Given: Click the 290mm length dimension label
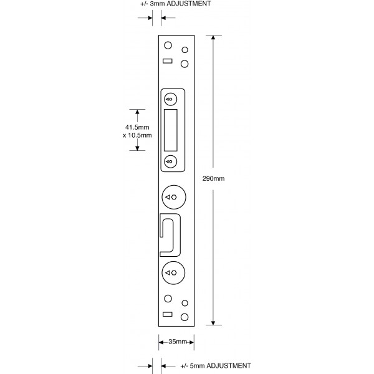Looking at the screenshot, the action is click(x=213, y=178).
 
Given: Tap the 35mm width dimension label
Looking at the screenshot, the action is click(x=178, y=342).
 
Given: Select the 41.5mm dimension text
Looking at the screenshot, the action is click(x=137, y=127).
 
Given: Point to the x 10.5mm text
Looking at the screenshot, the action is click(x=137, y=135).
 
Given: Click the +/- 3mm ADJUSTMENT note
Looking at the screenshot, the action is click(x=176, y=4).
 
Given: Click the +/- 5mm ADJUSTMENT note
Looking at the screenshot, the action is click(x=216, y=366).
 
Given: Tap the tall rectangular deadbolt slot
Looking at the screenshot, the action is click(x=171, y=130).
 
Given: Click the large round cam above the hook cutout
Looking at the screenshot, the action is click(x=174, y=197).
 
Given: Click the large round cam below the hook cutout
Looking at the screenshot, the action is click(x=173, y=272).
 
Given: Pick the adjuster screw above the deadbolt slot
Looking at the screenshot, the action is click(x=171, y=99).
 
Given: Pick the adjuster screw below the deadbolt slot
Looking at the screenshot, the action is click(x=171, y=161).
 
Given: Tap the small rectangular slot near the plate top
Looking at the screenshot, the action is click(x=168, y=61).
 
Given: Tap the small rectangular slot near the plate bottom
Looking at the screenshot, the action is click(x=168, y=314).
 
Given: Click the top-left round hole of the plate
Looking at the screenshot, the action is click(x=168, y=46).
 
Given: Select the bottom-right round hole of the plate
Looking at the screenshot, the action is click(x=185, y=317).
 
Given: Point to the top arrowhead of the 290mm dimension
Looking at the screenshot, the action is click(x=213, y=37).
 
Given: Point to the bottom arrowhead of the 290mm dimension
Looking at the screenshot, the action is click(x=213, y=322).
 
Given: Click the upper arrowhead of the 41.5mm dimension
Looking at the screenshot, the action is click(x=137, y=112).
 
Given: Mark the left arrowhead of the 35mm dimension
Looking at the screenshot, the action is click(x=161, y=342).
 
